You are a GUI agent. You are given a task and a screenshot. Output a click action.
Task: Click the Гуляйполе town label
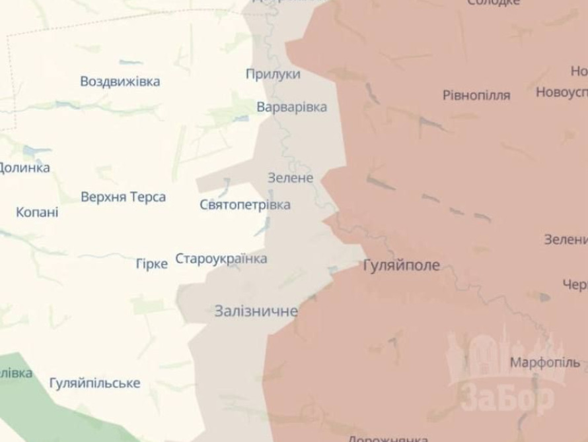click(401, 266)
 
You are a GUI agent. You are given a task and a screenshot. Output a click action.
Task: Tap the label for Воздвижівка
click(120, 82)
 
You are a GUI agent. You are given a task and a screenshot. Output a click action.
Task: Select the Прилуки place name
click(273, 74)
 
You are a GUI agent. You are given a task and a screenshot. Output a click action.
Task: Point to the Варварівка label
click(291, 106)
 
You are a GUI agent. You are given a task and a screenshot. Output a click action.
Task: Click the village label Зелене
click(290, 178)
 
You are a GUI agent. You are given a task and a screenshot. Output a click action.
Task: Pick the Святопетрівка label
click(244, 205)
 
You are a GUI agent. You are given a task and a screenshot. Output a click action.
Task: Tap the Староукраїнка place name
click(221, 259)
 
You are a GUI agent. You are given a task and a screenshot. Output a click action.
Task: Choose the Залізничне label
click(256, 311)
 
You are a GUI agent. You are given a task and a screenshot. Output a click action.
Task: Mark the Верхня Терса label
click(123, 197)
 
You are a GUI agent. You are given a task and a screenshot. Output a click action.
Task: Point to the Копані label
click(37, 212)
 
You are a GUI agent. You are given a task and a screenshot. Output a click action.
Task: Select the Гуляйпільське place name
click(94, 383)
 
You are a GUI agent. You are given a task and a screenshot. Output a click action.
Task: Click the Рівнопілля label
click(476, 95)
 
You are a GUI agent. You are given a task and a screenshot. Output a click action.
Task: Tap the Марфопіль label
click(545, 362)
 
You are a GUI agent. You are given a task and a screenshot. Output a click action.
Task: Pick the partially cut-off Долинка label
click(24, 168)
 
